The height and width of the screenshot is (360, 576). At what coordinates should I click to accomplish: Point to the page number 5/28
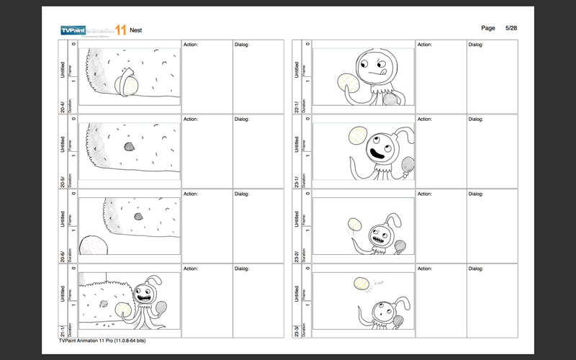[512, 27]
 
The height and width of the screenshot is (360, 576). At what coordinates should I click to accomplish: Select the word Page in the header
[487, 27]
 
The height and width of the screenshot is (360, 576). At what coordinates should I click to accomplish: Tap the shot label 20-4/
[63, 106]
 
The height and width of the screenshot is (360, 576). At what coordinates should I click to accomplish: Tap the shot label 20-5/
[63, 181]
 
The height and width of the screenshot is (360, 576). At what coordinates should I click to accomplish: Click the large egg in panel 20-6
[94, 246]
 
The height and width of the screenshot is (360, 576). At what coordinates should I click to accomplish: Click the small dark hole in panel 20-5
[130, 146]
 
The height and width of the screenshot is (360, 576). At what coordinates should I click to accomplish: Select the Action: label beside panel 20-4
[190, 45]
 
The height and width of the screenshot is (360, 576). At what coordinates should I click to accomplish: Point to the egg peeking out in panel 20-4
[130, 86]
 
